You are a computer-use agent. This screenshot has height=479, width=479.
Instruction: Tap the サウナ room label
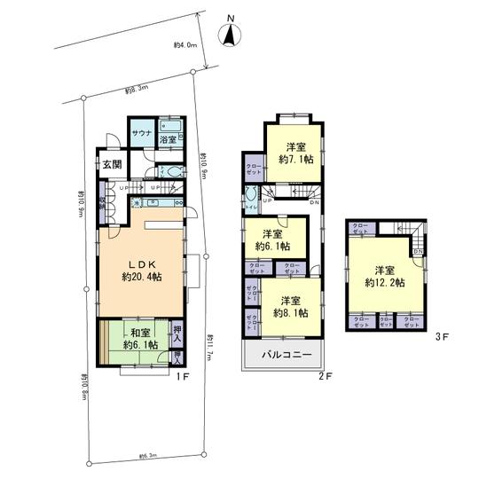point(141,139)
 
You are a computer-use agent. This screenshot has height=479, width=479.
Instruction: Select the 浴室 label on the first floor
point(169,140)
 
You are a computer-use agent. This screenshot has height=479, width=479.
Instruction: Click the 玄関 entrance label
point(111,164)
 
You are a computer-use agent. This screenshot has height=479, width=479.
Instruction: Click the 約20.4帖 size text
point(141,277)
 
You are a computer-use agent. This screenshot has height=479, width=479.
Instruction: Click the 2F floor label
point(326,377)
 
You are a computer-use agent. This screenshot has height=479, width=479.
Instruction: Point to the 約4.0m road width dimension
point(184,44)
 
